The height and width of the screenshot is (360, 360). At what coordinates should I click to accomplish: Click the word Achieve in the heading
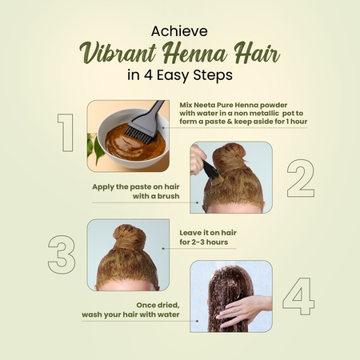tap(179, 31)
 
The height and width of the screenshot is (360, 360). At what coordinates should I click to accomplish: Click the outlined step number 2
tap(300, 178)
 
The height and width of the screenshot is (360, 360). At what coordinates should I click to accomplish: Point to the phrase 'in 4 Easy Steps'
tap(179, 76)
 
